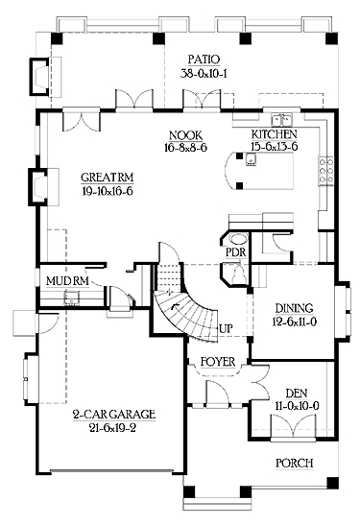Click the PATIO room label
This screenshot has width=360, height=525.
[204, 60]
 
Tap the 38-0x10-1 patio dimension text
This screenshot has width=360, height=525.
[204, 73]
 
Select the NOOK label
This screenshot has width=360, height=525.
[185, 135]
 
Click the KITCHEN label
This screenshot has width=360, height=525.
[274, 134]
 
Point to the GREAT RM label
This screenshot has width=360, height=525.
[108, 178]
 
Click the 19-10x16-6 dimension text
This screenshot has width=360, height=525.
[108, 191]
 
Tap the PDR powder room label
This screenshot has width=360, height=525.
[236, 251]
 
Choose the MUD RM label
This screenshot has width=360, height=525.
[67, 281]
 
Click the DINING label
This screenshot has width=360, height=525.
[294, 308]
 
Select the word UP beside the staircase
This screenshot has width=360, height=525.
[227, 328]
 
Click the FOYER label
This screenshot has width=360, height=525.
[218, 362]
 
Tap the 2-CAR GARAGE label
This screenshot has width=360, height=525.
[114, 415]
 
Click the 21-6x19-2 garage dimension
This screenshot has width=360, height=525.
[113, 428]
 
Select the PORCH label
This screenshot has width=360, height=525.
[295, 463]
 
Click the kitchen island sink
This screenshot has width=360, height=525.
[252, 159]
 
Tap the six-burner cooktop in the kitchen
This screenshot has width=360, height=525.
[325, 171]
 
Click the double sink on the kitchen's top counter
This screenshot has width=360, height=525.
[281, 118]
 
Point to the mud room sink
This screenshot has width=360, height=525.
[71, 298]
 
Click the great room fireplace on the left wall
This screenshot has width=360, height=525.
[43, 186]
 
